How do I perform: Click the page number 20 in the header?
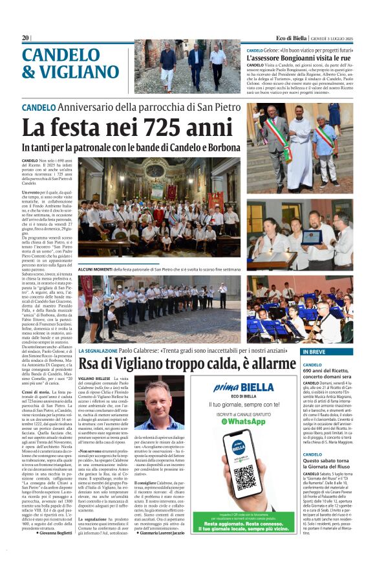pos(25,38)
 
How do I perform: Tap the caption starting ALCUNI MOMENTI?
pos(162,266)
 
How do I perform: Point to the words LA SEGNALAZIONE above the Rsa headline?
pos(99,350)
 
